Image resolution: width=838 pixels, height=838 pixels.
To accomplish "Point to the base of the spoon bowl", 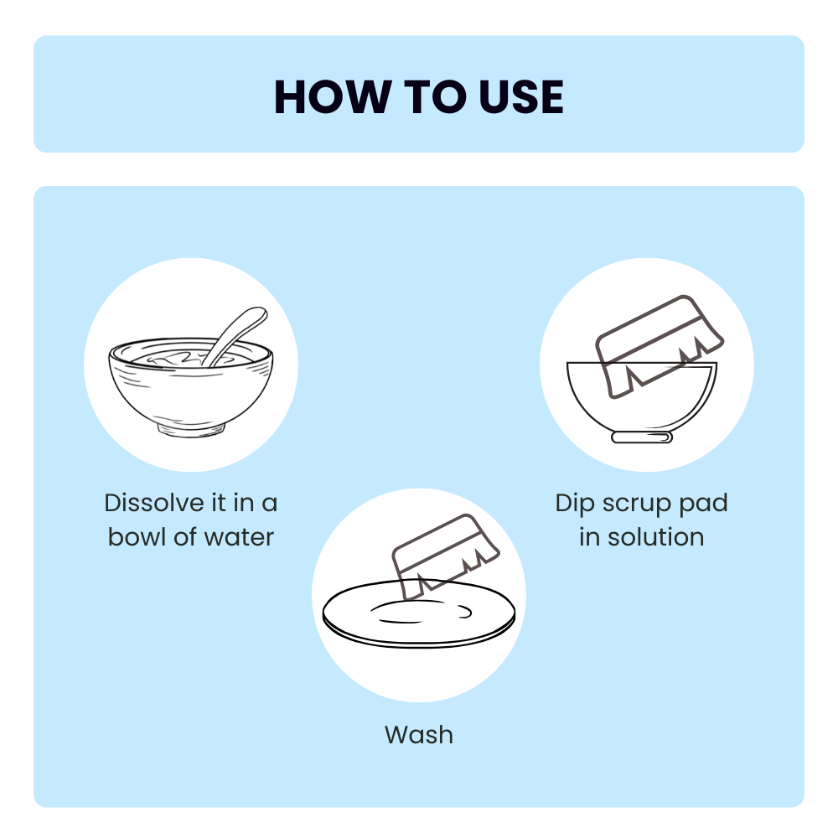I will coord(192,429).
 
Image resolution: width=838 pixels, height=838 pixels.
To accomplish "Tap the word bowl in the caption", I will coord(137,536).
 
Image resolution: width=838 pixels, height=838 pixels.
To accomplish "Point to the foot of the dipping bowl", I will coord(642,437).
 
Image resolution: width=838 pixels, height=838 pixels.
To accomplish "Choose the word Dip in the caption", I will coord(573,503).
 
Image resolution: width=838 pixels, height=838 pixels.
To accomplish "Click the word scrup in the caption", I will coord(636,504).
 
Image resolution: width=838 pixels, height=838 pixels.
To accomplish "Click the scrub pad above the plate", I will coord(444,553).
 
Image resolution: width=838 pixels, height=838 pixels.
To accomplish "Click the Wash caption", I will coord(419,735).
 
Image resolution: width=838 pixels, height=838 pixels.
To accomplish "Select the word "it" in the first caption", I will coord(216,503).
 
